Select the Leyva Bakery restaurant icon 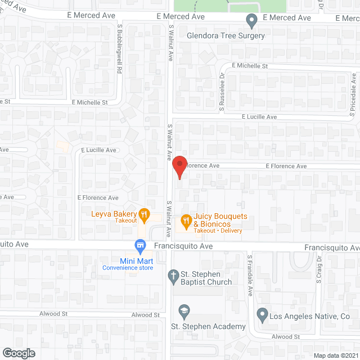[145, 214]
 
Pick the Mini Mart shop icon [139, 245]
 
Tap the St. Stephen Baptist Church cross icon [174, 275]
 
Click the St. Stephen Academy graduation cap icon [183, 311]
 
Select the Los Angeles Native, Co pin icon [262, 314]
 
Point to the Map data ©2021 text [335, 355]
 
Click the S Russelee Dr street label [222, 87]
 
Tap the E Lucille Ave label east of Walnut [259, 117]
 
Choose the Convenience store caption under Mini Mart [128, 268]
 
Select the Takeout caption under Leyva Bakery [127, 220]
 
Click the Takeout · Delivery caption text [218, 231]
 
